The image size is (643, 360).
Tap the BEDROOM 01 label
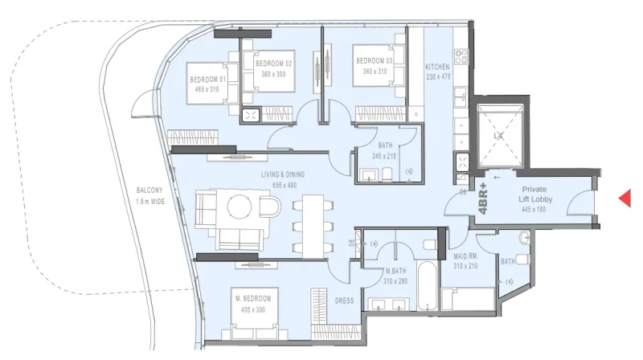[207, 80]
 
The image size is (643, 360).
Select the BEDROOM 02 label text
[274, 63]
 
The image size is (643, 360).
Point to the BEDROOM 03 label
[375, 60]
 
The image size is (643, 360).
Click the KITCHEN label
[437, 67]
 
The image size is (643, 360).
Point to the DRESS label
[345, 301]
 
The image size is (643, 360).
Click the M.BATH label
[395, 271]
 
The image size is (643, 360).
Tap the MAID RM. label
[465, 257]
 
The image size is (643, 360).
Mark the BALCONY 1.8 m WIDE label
[150, 197]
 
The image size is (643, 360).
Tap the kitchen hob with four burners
[461, 57]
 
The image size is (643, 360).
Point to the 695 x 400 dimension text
[285, 185]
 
